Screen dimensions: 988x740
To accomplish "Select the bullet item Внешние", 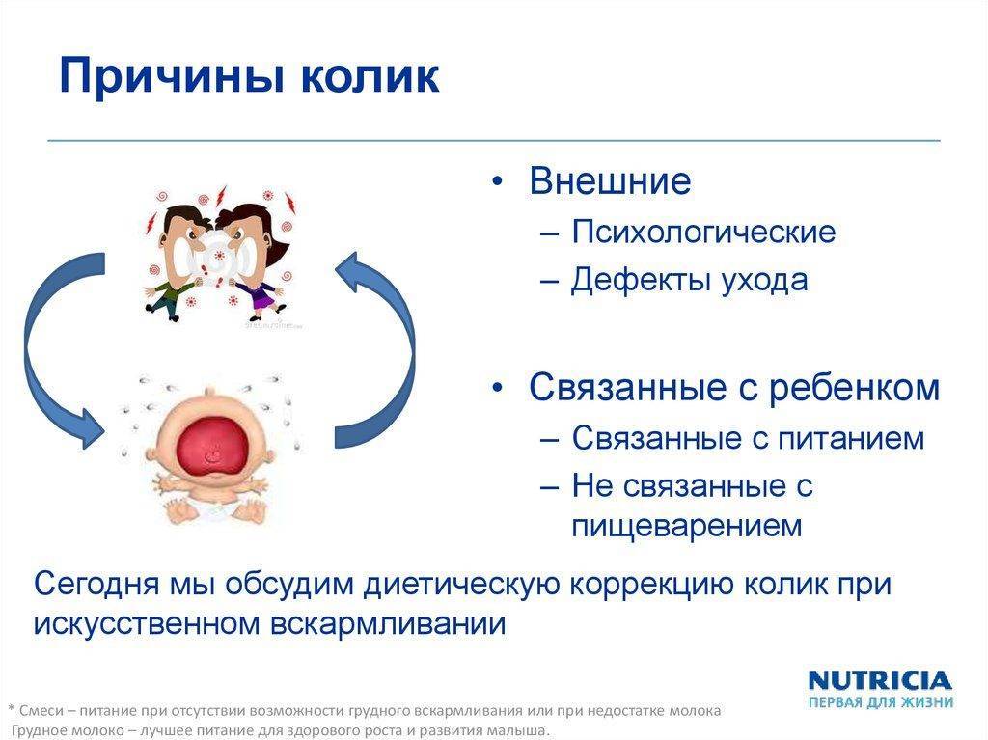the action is (610, 180).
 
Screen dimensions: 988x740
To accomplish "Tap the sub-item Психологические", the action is (703, 232).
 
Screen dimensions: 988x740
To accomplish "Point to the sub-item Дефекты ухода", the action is (689, 279).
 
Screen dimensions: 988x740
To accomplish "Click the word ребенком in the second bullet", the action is (854, 387).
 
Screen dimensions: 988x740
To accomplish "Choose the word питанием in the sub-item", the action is (851, 438).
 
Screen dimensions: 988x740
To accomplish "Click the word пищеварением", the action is (687, 526).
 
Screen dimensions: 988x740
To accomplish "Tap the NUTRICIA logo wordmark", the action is (880, 681).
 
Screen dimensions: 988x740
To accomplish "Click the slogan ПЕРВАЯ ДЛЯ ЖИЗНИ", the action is (880, 701).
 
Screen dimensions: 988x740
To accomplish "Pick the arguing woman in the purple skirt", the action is (253, 258).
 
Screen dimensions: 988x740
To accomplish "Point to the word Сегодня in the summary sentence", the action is (96, 585).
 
